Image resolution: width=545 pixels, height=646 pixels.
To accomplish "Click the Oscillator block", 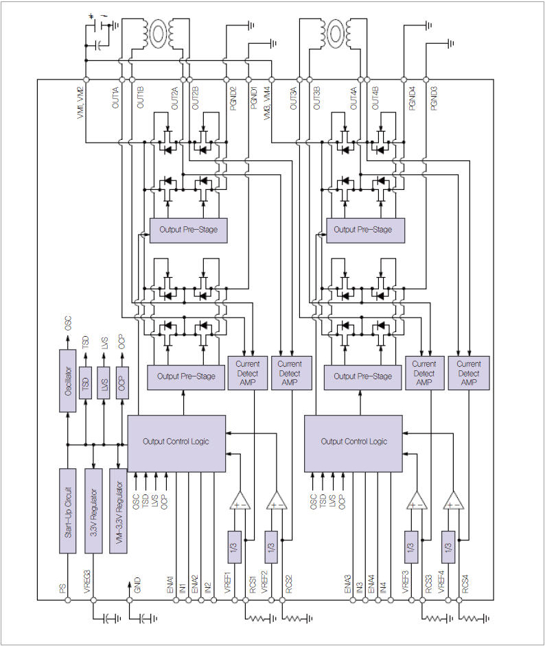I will (x=67, y=381).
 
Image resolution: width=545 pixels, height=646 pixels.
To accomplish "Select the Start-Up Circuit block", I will (x=67, y=511).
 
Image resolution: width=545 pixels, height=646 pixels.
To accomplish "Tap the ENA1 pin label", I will (x=170, y=584).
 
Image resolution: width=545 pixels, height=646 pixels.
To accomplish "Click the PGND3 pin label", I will (x=433, y=100).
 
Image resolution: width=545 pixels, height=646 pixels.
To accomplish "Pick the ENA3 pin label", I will (x=347, y=584).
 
